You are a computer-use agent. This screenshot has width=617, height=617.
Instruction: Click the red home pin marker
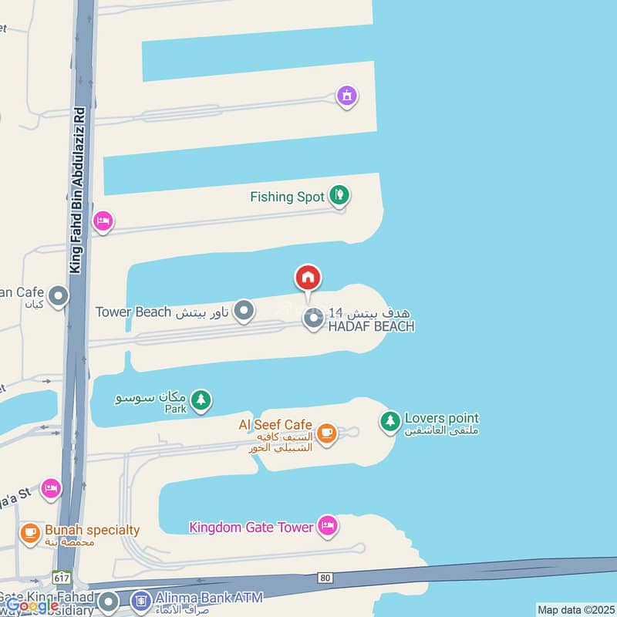pos(308,278)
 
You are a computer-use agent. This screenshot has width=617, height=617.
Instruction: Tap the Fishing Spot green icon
pos(338,195)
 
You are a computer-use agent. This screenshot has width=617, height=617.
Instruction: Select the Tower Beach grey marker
pos(244,312)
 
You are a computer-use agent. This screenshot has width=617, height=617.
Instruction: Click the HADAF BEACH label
pos(371,326)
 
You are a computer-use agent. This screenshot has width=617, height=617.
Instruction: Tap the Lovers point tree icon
pos(390,421)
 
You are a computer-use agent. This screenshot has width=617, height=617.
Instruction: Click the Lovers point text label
pos(440,419)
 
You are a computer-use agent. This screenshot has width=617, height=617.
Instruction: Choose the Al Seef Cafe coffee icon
pos(326,432)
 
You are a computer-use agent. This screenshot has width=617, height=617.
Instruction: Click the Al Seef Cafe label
pos(275,425)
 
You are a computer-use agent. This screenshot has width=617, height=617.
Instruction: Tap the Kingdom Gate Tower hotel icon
pos(328,527)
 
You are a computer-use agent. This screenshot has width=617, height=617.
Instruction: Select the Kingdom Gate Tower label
pos(251,528)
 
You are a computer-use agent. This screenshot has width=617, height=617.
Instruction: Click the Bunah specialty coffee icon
pos(30,532)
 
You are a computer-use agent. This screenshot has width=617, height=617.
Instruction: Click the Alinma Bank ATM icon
pos(141,598)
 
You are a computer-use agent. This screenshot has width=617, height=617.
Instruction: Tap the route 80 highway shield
pos(325,577)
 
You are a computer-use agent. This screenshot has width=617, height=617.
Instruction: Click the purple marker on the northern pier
pos(347,96)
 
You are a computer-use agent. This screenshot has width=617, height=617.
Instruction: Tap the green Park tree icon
pos(201,400)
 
